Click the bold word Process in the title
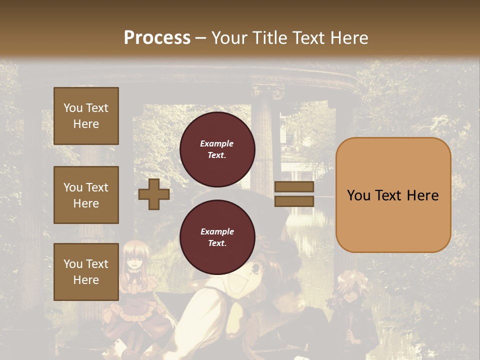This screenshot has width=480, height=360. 157,38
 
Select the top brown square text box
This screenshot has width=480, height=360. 86,116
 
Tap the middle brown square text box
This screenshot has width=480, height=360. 86,195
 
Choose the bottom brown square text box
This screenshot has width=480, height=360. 86,272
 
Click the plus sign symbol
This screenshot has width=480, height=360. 154,194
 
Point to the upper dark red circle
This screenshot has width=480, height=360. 217,149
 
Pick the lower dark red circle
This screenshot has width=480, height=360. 217,237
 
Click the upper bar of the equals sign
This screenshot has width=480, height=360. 294,187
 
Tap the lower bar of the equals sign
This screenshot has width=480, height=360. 294,201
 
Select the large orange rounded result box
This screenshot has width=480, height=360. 393,194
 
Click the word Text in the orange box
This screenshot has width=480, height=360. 394,195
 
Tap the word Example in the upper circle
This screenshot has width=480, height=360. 217,144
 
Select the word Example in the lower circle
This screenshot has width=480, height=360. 217,232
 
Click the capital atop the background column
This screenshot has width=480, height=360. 267,93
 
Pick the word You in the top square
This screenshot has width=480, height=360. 73,108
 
